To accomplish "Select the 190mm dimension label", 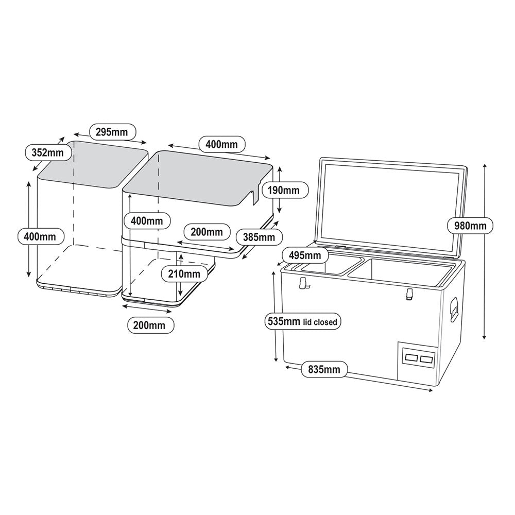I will [x=284, y=190].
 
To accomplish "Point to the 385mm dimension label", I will [x=259, y=237].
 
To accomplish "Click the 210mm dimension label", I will [x=183, y=273].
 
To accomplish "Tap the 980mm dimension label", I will [x=470, y=225].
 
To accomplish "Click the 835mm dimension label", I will [x=324, y=369].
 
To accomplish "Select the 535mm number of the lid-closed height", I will [x=284, y=322].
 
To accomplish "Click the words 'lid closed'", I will [x=320, y=322].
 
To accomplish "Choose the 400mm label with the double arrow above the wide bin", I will [x=222, y=145].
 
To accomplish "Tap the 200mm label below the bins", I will [x=150, y=325].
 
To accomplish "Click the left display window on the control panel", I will [x=411, y=357].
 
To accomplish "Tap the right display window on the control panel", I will [x=426, y=358].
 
